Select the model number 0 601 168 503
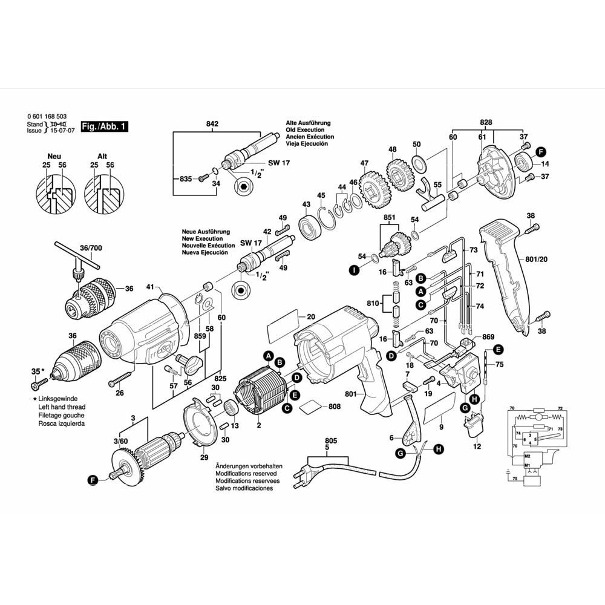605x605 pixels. [47, 116]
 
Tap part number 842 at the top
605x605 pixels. [212, 124]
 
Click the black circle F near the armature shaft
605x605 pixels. [93, 480]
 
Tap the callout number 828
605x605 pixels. [485, 122]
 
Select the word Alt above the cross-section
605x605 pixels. [102, 155]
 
